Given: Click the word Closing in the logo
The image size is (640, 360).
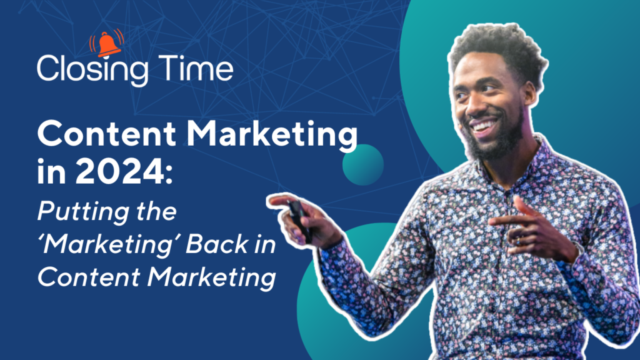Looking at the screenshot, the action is click(92, 69).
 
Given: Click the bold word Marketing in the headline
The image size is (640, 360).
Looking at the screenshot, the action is click(272, 136).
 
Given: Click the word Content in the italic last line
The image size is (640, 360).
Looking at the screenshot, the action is click(89, 276).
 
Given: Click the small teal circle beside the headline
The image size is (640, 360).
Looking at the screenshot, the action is click(363, 165).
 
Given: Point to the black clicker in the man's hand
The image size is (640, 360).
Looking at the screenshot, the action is click(300, 221).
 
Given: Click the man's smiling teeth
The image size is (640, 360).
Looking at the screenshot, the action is click(484, 125).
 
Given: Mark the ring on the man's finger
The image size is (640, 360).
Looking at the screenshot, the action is click(518, 241).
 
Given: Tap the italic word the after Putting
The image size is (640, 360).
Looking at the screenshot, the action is click(156, 211).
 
